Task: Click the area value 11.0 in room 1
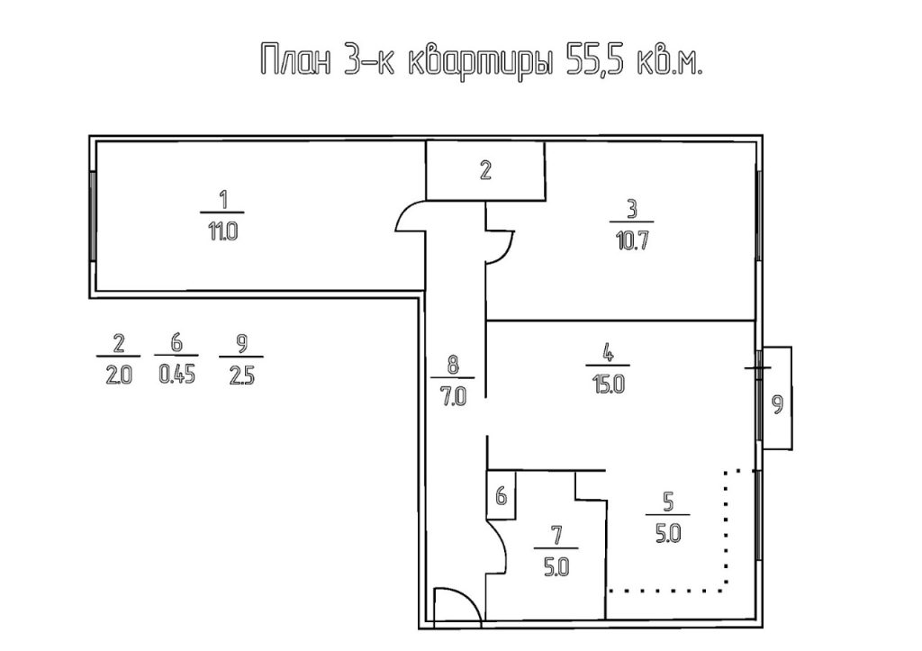coord(222,232)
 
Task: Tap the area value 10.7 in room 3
coord(632,241)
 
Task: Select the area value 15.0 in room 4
coord(610,385)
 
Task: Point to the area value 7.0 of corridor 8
coord(454,398)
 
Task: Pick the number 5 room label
coord(668,502)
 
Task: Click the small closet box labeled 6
coord(501,494)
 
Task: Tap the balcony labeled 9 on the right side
coord(777,398)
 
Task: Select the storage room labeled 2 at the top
coord(485,170)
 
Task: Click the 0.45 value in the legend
coord(176,375)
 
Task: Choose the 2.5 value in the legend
coord(241,375)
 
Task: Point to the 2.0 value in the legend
coord(118,375)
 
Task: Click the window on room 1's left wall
coord(93,216)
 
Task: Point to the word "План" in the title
coord(295,59)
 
